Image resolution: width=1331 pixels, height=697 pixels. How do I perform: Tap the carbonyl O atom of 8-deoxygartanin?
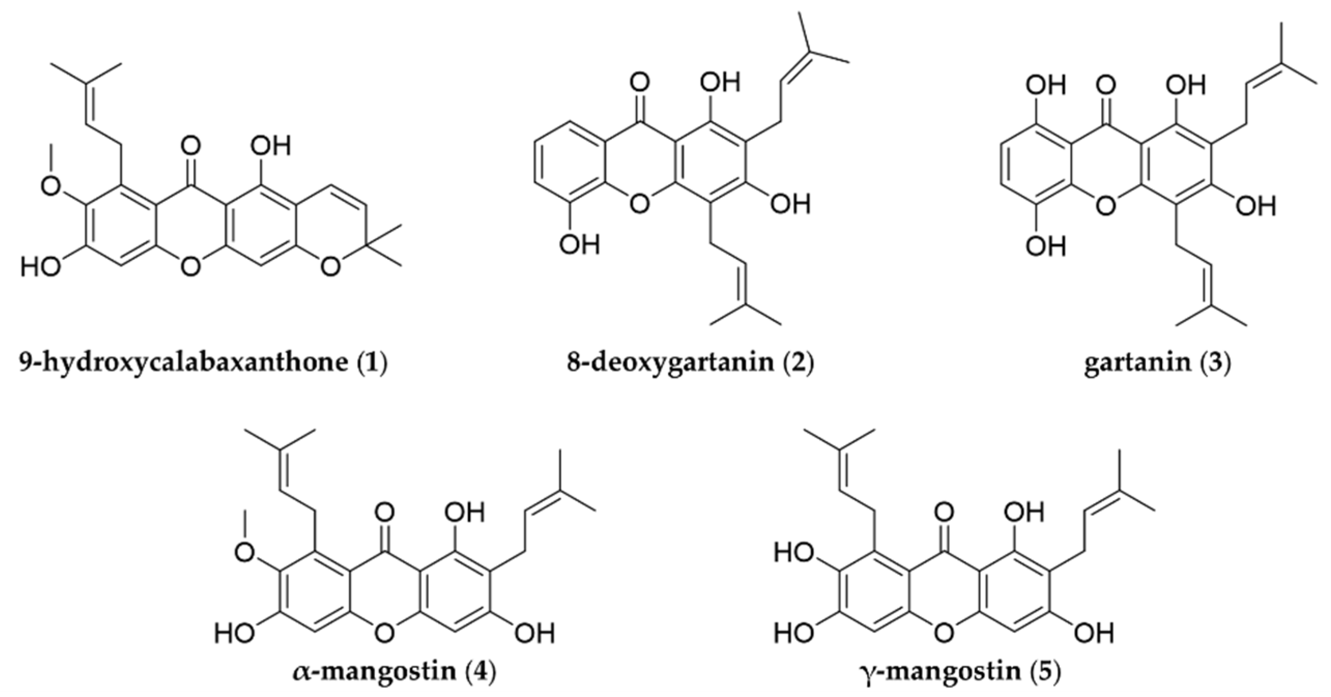[x=640, y=83]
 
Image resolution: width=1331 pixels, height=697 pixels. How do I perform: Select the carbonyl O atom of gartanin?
[x=1107, y=83]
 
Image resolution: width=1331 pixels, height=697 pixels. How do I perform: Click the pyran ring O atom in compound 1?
[x=330, y=266]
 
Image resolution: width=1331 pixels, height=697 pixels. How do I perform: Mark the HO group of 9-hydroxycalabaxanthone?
[x=40, y=267]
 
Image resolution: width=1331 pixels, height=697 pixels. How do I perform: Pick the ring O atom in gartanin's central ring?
[x=1107, y=206]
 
